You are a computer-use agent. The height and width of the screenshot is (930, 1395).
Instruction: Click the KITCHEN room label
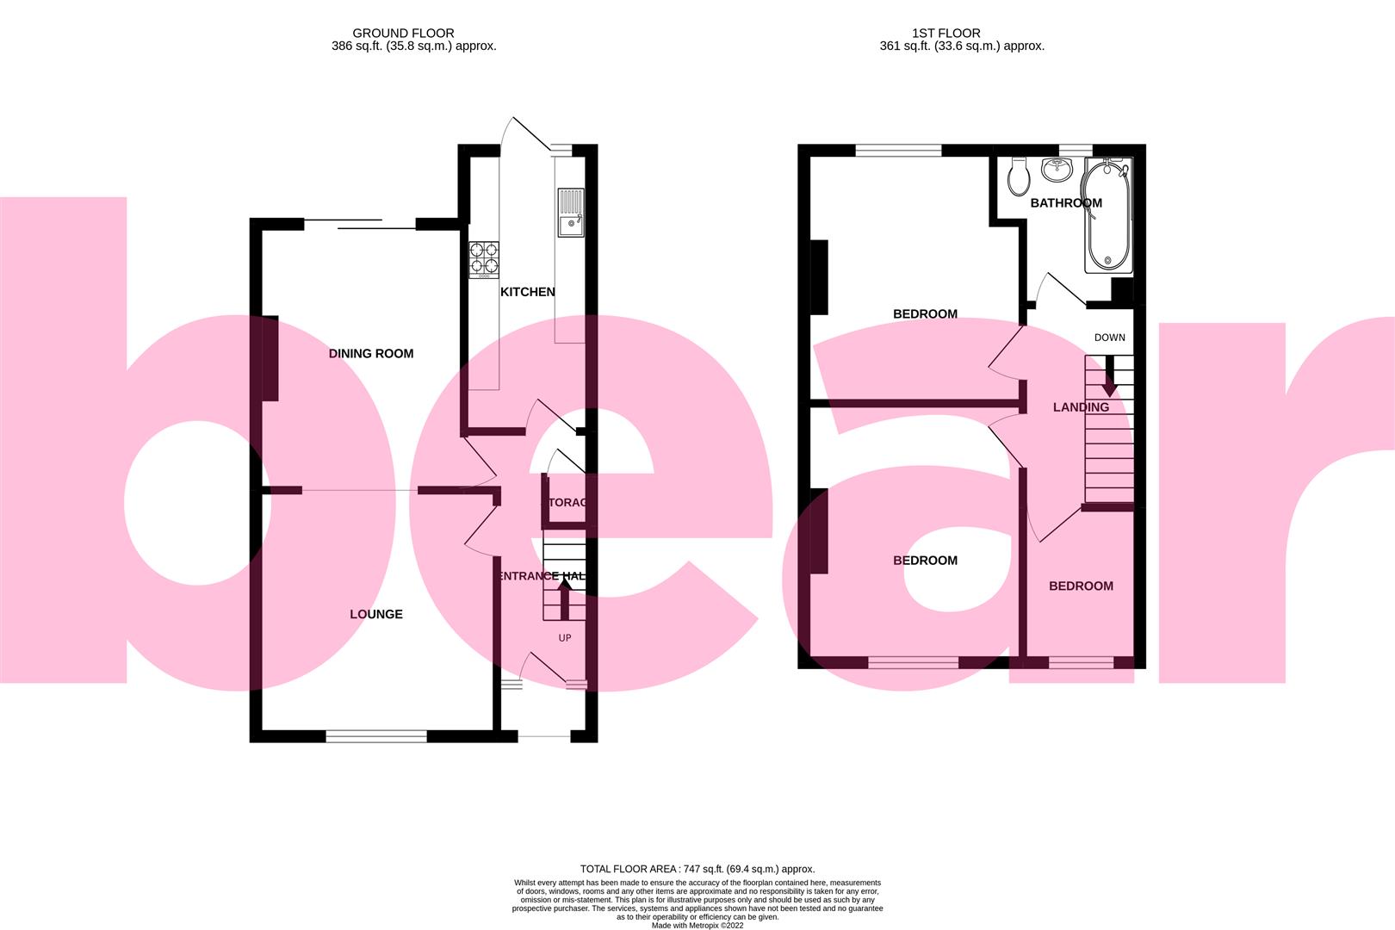528,292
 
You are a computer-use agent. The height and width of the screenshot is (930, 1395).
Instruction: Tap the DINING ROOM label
371,353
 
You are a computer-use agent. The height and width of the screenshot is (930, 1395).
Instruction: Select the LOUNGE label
376,614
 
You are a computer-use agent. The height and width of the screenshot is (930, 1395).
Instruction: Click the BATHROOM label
1066,203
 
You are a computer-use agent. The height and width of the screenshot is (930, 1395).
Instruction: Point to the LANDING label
1081,406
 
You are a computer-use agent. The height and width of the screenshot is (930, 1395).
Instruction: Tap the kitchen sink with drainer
570,214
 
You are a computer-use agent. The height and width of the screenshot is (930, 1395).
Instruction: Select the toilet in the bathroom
1019,177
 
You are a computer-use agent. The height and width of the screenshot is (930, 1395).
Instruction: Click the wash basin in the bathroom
1056,170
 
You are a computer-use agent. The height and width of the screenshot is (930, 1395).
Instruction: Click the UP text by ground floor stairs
565,638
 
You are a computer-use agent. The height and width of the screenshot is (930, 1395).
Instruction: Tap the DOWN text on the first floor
1109,338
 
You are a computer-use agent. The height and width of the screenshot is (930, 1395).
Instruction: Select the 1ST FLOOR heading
962,33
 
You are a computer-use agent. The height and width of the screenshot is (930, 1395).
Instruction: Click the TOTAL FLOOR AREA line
697,869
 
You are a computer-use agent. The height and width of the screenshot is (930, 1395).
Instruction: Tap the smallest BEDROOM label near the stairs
1081,586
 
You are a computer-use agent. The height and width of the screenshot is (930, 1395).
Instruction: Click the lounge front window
376,735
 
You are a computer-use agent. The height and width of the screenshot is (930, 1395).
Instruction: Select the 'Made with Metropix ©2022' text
697,926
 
